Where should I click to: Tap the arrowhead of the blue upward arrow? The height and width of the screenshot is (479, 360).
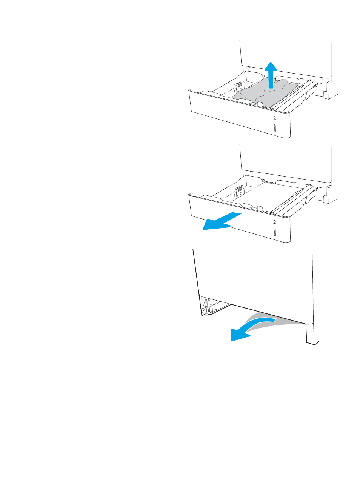tap(271, 66)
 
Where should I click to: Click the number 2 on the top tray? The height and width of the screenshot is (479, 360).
tap(275, 118)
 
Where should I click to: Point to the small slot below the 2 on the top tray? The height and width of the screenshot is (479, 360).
tap(275, 128)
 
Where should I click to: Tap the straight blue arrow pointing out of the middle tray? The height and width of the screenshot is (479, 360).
tap(222, 221)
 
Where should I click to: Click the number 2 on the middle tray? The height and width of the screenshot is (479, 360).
tap(275, 222)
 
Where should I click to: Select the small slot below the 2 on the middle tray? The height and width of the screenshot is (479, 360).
tap(275, 232)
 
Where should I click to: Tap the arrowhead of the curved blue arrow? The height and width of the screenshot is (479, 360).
tap(238, 335)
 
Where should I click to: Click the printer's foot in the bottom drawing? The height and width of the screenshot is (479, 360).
tap(312, 334)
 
